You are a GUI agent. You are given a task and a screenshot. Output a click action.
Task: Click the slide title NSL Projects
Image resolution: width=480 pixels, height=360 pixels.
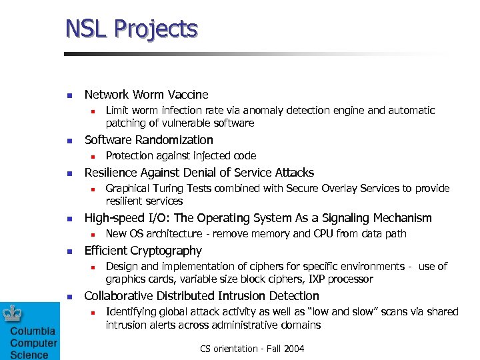coord(131,29)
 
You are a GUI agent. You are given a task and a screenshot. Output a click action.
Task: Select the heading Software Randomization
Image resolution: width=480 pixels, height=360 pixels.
coord(149,140)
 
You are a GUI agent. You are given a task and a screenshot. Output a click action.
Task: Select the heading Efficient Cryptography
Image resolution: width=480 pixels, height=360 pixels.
coord(143,251)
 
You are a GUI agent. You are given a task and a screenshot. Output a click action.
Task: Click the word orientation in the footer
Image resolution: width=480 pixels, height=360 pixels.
coord(239,348)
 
